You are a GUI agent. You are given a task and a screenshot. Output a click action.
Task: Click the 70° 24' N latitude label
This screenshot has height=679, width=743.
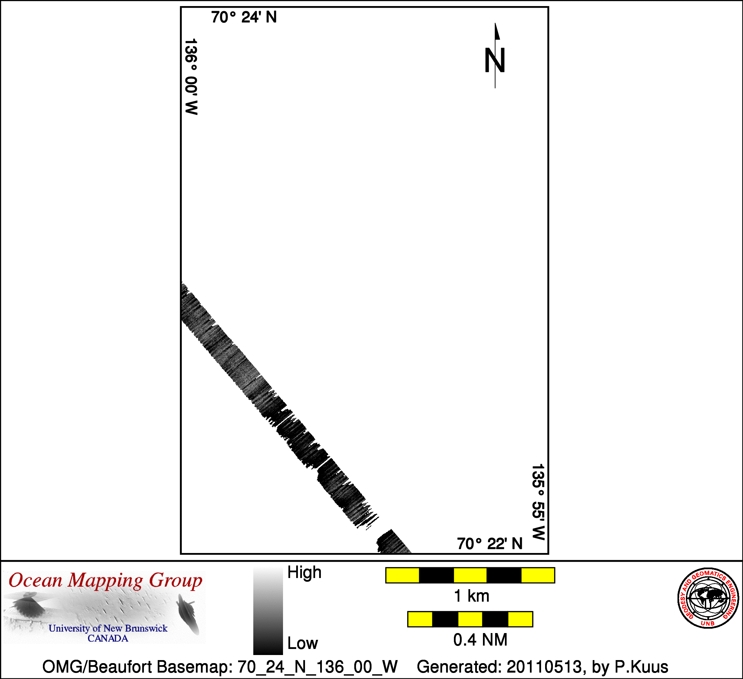tap(244, 17)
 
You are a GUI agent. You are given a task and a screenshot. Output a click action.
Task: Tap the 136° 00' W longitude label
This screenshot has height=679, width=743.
tap(191, 76)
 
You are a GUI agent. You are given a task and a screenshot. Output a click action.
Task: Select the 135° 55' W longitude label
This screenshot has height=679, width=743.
tap(538, 502)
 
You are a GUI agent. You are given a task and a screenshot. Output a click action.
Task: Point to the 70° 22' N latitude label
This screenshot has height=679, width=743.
tap(490, 544)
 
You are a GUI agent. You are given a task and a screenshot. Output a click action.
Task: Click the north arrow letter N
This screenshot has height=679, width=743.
tap(494, 60)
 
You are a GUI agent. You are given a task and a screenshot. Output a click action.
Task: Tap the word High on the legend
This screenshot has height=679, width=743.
tap(304, 573)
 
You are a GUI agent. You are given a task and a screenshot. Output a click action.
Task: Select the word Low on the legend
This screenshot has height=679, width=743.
tap(303, 643)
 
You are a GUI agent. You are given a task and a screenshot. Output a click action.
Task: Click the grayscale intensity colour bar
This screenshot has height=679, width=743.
tap(268, 611)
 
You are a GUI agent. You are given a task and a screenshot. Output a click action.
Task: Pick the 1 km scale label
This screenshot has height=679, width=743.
tap(471, 596)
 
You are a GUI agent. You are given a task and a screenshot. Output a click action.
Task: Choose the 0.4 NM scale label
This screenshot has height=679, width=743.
tap(480, 640)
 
